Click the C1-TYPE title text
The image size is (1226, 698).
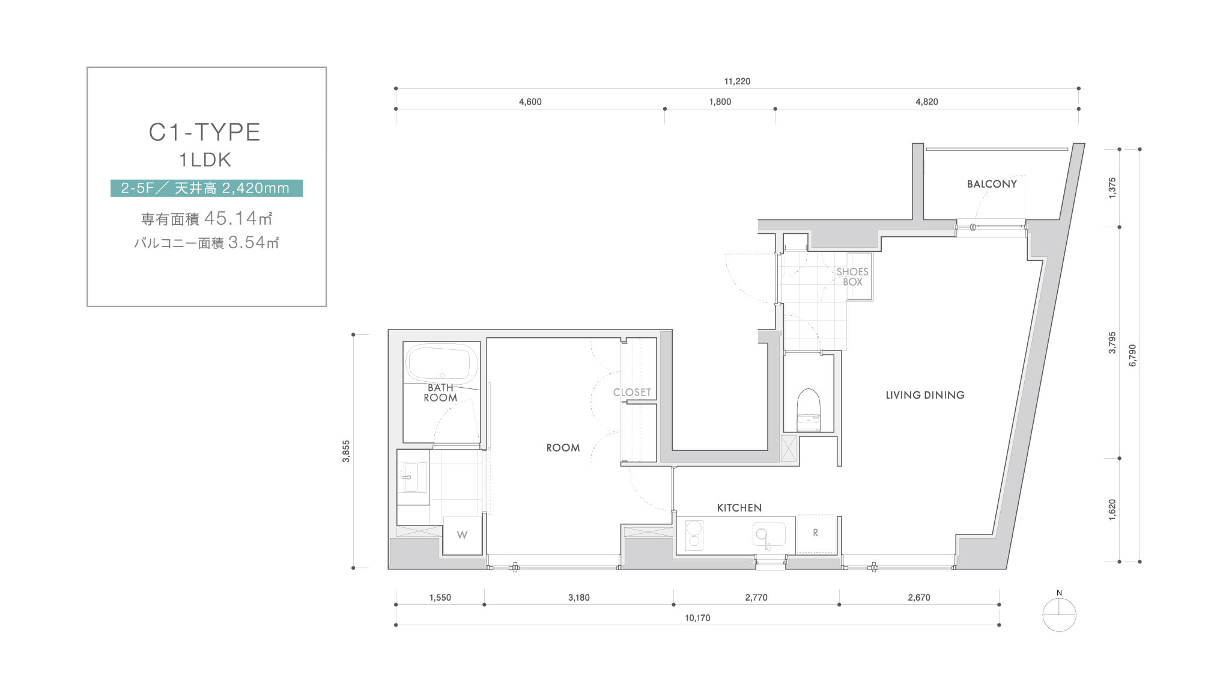coord(205,132)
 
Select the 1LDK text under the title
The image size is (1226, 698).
coord(205,160)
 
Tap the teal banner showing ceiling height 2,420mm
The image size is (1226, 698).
coord(206,188)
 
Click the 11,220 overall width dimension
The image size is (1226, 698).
coord(737,81)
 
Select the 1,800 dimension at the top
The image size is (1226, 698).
coord(720,102)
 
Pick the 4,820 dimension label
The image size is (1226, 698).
coord(926,102)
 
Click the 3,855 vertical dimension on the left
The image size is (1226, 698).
coord(346,452)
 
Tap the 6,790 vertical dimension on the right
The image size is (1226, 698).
coord(1133,355)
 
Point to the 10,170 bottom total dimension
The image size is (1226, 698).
coord(697,618)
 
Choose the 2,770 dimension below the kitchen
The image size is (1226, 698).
coord(756,598)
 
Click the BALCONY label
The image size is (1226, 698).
coord(992,184)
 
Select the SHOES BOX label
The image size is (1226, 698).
coord(852,277)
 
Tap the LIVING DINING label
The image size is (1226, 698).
coord(925,395)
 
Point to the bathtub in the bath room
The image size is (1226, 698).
coord(442,363)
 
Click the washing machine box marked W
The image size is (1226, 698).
coord(463,535)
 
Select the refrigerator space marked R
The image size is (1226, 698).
coord(815,534)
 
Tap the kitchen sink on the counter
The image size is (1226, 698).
coord(769,534)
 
